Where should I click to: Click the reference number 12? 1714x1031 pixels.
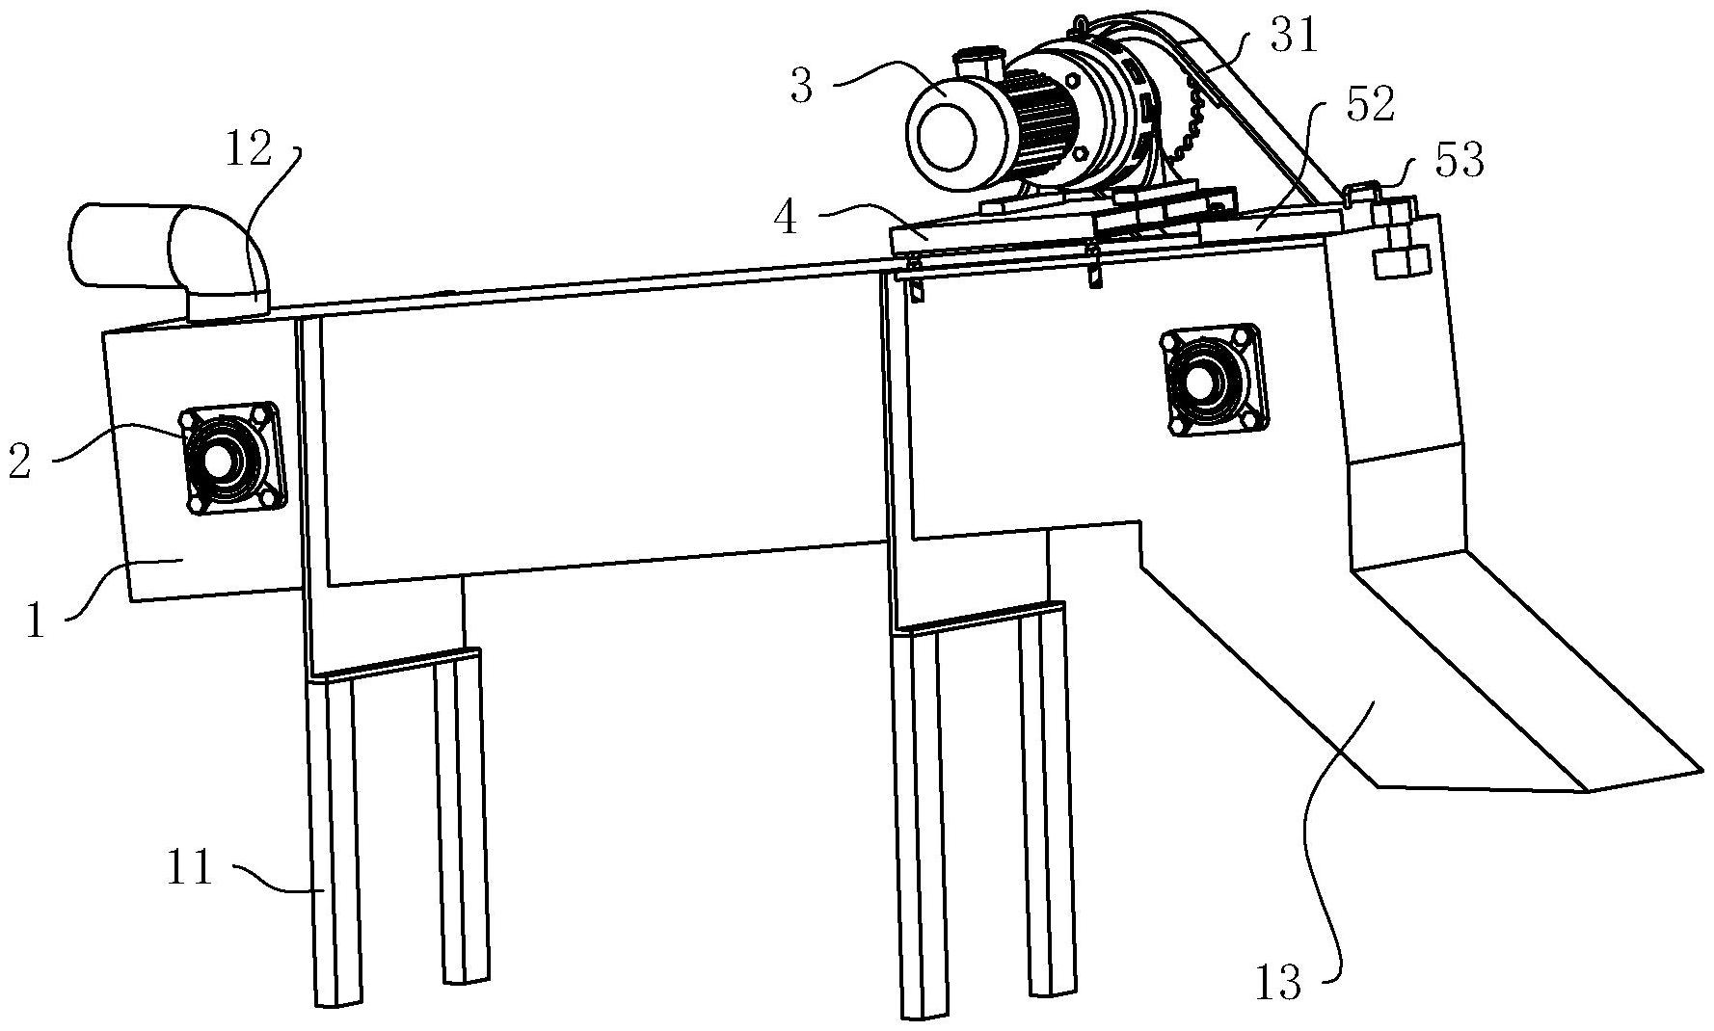click(x=249, y=150)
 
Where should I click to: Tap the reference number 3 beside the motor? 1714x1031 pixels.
click(x=802, y=86)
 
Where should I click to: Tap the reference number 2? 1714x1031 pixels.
click(x=19, y=461)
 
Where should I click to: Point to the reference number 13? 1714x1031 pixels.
click(x=1278, y=983)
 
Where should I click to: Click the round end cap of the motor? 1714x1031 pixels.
click(x=948, y=132)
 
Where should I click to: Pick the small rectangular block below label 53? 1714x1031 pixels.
click(x=1399, y=262)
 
